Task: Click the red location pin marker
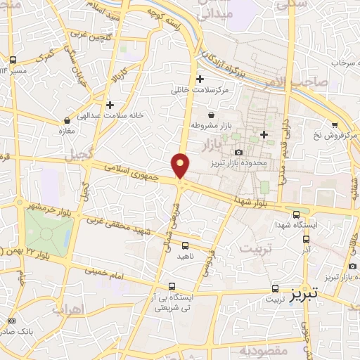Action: pyautogui.click(x=181, y=165)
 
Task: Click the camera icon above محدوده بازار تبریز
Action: pyautogui.click(x=238, y=152)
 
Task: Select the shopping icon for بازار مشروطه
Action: pyautogui.click(x=210, y=115)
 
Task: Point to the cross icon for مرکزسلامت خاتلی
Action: pyautogui.click(x=200, y=79)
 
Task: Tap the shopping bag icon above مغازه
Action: pyautogui.click(x=67, y=120)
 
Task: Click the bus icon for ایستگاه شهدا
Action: pyautogui.click(x=295, y=214)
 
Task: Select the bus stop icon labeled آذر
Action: pyautogui.click(x=305, y=238)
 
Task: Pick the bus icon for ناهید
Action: pyautogui.click(x=185, y=245)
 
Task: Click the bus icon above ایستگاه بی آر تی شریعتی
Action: pyautogui.click(x=172, y=286)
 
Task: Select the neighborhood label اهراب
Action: pyautogui.click(x=67, y=309)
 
